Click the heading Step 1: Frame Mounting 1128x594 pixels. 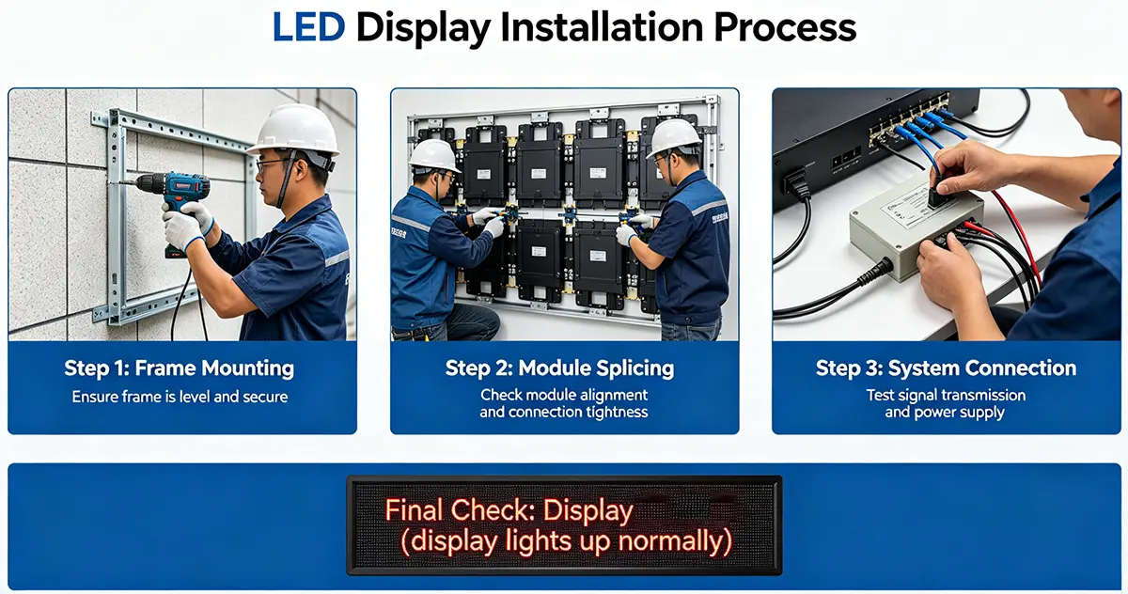click(x=180, y=368)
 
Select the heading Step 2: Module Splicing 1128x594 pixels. click(x=560, y=368)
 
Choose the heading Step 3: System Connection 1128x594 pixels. click(x=946, y=368)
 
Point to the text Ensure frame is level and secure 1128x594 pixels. click(x=180, y=397)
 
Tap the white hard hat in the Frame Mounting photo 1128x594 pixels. click(x=293, y=130)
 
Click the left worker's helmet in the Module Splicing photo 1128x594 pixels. click(x=433, y=154)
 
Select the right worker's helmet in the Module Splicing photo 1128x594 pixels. click(x=674, y=137)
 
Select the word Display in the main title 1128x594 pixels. click(x=424, y=28)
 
